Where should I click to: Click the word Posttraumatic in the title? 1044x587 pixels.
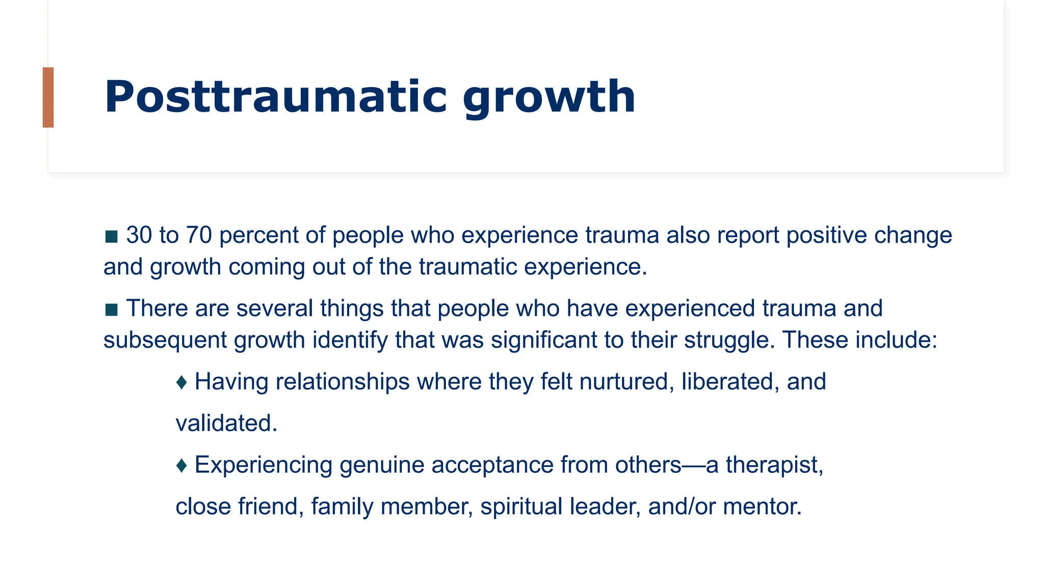pyautogui.click(x=275, y=97)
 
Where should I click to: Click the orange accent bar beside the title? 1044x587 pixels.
pyautogui.click(x=48, y=97)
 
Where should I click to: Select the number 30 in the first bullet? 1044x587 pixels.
pyautogui.click(x=139, y=235)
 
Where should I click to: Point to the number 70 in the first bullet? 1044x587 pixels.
pyautogui.click(x=198, y=235)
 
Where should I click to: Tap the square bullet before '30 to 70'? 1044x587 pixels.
pyautogui.click(x=111, y=236)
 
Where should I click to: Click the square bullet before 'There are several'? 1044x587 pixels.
pyautogui.click(x=111, y=309)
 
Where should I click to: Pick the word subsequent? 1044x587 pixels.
pyautogui.click(x=165, y=340)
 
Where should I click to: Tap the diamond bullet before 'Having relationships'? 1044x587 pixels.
pyautogui.click(x=181, y=382)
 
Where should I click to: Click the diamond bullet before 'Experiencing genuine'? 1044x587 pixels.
pyautogui.click(x=181, y=465)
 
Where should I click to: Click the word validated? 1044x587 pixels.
pyautogui.click(x=226, y=423)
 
